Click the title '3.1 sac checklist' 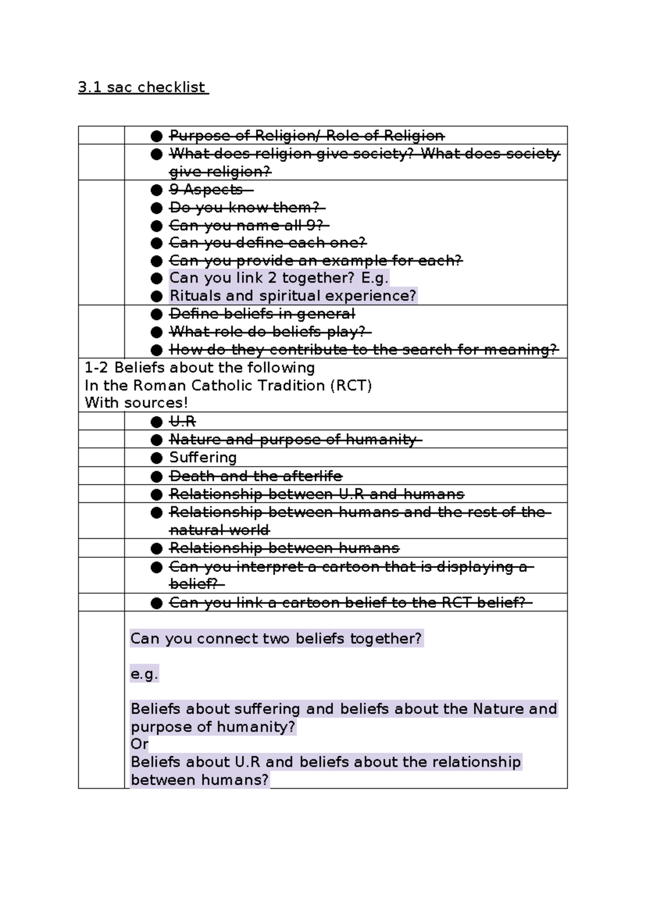142,87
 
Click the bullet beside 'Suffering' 157,458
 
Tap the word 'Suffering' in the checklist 203,458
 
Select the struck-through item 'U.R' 182,422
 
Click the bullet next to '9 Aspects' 157,190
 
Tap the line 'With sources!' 136,403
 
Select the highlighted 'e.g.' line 144,674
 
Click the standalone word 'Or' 139,744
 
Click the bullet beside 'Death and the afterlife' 157,476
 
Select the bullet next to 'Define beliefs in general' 157,314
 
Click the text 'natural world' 219,530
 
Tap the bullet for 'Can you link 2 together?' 157,278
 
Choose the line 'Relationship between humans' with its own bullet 284,549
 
